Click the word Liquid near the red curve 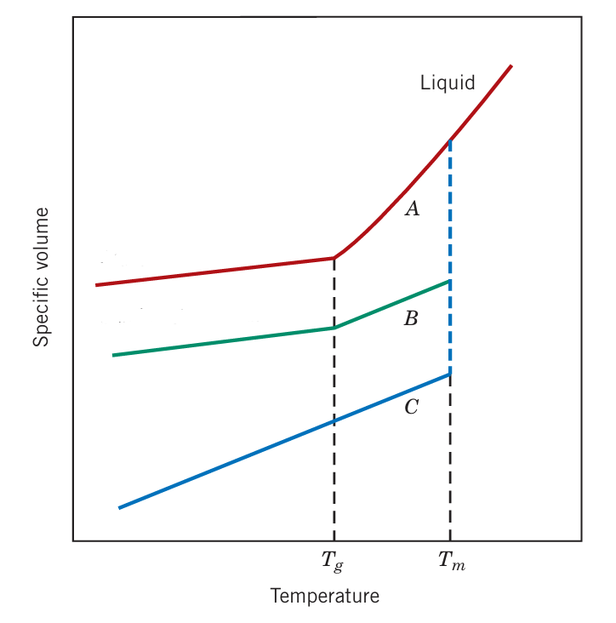[x=448, y=83]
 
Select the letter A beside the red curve [x=412, y=209]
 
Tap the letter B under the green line [x=411, y=319]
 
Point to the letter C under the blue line [x=411, y=408]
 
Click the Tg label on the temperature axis [x=333, y=562]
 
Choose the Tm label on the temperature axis [x=452, y=561]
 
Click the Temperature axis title [x=325, y=596]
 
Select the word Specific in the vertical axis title [x=41, y=314]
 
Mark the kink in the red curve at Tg [x=334, y=258]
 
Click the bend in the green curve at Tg [x=334, y=328]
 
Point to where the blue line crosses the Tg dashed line [x=334, y=421]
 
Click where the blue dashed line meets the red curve [x=449, y=140]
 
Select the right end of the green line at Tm [x=448, y=281]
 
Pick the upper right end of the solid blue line [x=448, y=374]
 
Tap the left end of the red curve [x=97, y=285]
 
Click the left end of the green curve [x=114, y=355]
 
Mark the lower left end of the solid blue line [x=120, y=508]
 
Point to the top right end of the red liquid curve [x=510, y=66]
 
